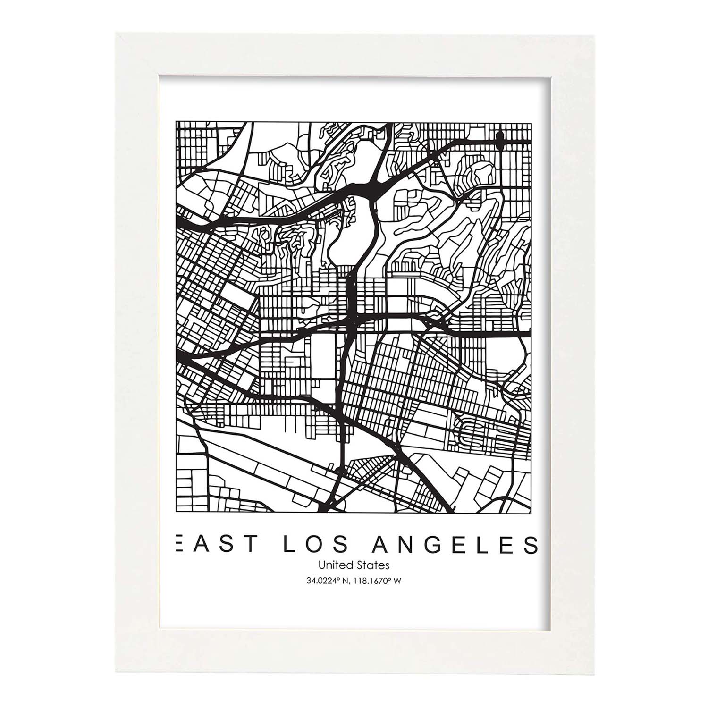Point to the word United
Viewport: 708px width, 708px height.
point(334,565)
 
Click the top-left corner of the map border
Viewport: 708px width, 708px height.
point(176,121)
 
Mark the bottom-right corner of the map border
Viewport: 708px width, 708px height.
point(532,513)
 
